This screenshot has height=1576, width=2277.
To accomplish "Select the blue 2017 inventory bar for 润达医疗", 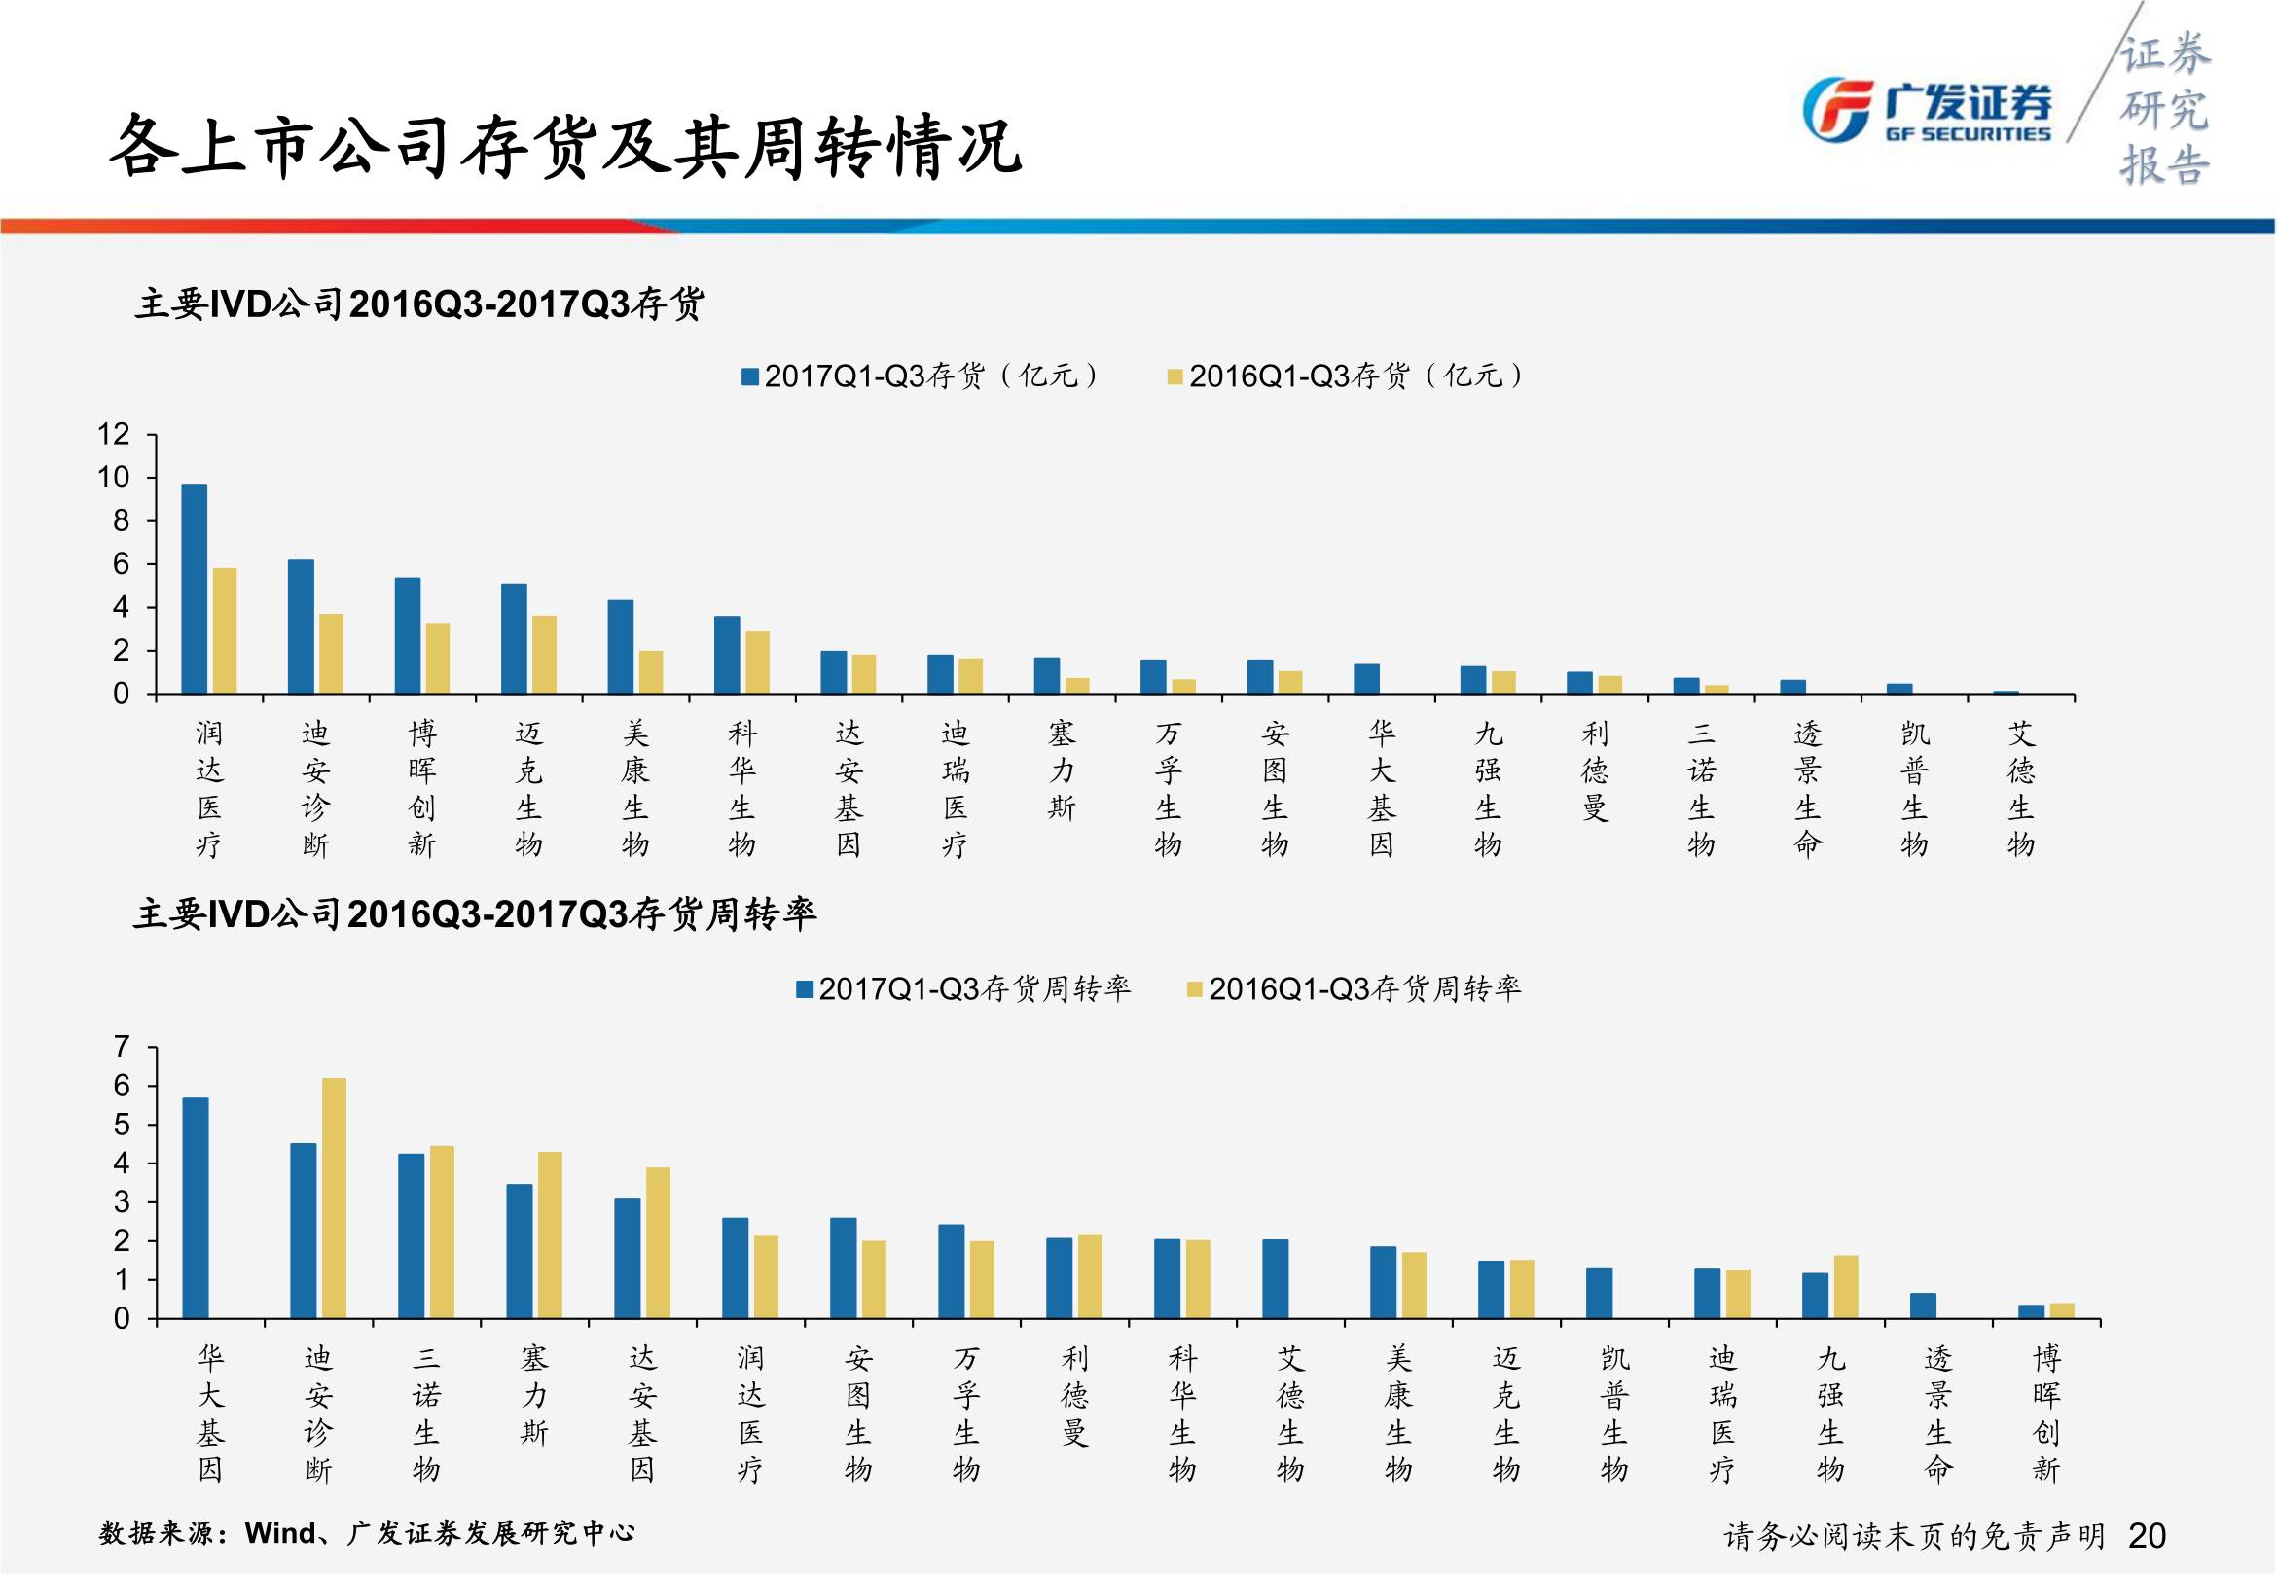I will (195, 589).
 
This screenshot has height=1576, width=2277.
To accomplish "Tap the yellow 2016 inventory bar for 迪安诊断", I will (331, 654).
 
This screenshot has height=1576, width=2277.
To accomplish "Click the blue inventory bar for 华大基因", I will (1366, 679).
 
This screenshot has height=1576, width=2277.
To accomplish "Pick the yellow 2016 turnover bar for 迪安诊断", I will (334, 1198).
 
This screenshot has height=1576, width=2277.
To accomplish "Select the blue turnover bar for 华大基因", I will (196, 1207).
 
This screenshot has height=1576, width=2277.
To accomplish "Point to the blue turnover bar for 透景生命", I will (1923, 1306).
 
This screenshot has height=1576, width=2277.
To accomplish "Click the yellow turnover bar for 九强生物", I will (1846, 1287).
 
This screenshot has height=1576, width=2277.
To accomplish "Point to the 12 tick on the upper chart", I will (114, 435).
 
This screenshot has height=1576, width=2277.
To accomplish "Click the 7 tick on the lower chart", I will (122, 1047).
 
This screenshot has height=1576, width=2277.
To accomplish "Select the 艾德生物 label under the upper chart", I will (2020, 788).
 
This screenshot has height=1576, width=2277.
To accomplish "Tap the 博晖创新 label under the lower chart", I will (2046, 1414).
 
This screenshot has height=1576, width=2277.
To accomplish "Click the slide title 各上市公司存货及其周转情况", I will (563, 148).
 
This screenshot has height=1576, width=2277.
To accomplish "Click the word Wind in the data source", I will (280, 1532).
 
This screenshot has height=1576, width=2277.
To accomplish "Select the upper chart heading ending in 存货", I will (418, 304).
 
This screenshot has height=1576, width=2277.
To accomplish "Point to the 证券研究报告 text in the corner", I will (2164, 109).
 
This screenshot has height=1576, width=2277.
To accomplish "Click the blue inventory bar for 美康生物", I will (620, 647).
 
